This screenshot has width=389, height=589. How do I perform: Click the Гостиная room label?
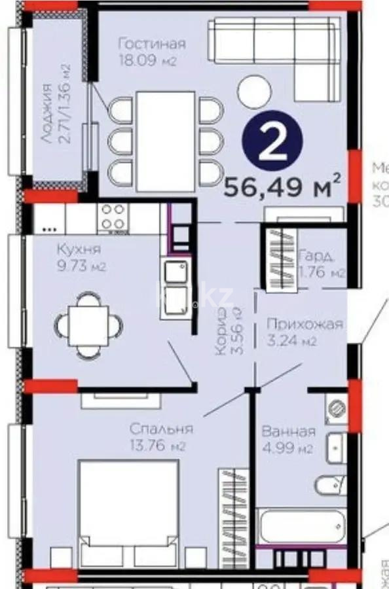pyautogui.click(x=151, y=44)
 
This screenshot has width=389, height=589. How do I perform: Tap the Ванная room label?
pyautogui.click(x=288, y=432)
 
